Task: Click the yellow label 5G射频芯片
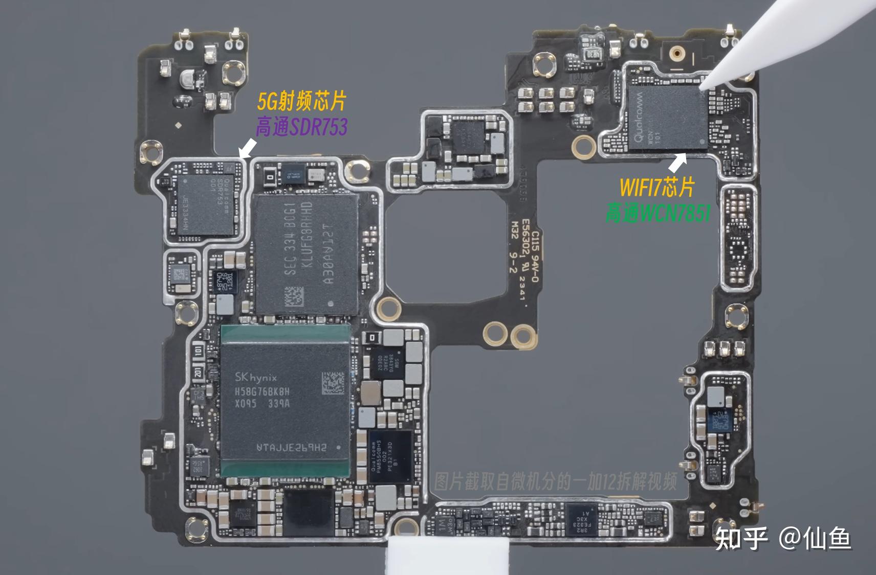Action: pyautogui.click(x=302, y=102)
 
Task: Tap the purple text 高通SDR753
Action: pyautogui.click(x=302, y=127)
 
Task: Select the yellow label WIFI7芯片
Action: pyautogui.click(x=656, y=187)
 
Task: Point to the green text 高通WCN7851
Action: pyautogui.click(x=658, y=212)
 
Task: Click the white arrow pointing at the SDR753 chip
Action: pyautogui.click(x=248, y=149)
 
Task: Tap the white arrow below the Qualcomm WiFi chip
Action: pyautogui.click(x=678, y=163)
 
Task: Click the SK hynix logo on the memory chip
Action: pyautogui.click(x=255, y=378)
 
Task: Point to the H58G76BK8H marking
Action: pyautogui.click(x=262, y=392)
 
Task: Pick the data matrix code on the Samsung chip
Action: pyautogui.click(x=294, y=297)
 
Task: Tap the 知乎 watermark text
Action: pyautogui.click(x=741, y=538)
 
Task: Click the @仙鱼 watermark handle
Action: pyautogui.click(x=815, y=538)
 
